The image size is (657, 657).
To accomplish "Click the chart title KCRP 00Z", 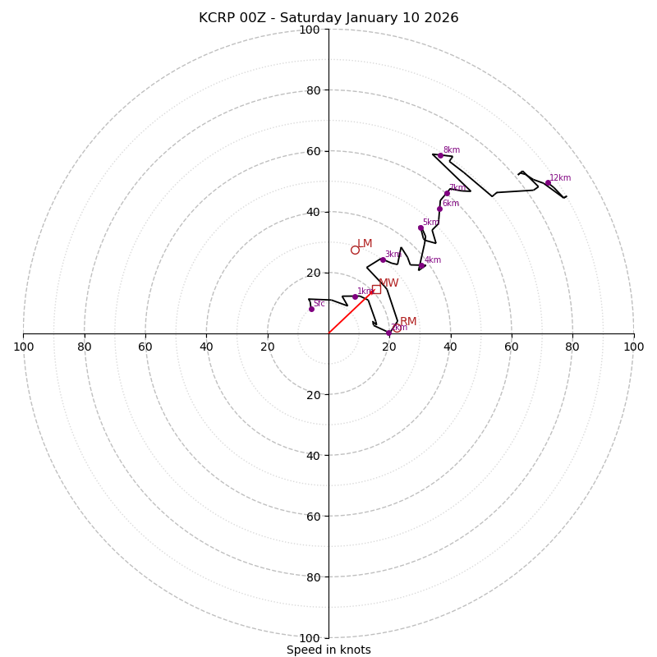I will point(328,18).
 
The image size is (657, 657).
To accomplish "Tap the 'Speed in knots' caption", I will point(328,650).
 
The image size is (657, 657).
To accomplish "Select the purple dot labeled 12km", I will point(548,182).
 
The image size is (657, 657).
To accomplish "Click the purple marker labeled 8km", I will point(440,154).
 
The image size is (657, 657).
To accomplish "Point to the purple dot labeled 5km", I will point(420,227).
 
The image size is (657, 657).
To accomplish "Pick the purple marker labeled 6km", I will point(439,209).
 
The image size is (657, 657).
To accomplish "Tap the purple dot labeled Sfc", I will point(311,309).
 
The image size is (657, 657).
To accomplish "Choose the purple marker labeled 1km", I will point(355,296).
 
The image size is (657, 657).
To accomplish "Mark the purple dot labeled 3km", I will point(383,260).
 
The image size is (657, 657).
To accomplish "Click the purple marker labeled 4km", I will point(422,265).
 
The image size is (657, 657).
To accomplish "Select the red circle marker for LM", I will point(355,250).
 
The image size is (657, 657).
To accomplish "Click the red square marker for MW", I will point(376,289).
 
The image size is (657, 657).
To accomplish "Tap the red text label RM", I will point(408,321).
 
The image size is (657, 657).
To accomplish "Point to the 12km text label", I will point(560,177).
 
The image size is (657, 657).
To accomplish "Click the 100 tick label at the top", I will point(310,30).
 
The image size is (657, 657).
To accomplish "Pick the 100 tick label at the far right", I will point(633,347).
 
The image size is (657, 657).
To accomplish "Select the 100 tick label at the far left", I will point(23,347).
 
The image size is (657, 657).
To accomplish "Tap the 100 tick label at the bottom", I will point(310,637).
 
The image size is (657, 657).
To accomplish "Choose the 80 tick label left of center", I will point(85,347).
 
